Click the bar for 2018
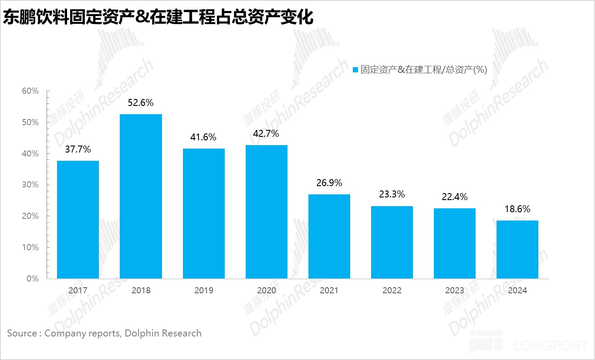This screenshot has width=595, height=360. pyautogui.click(x=141, y=196)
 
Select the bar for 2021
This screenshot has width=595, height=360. pyautogui.click(x=329, y=236)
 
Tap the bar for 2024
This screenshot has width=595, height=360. pyautogui.click(x=517, y=249)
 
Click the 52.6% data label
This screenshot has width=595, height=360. pyautogui.click(x=141, y=103)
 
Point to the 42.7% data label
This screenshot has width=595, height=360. pyautogui.click(x=266, y=134)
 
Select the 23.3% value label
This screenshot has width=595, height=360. pyautogui.click(x=392, y=194)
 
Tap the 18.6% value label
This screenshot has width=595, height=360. pyautogui.click(x=517, y=209)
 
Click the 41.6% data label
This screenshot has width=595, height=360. pyautogui.click(x=203, y=137)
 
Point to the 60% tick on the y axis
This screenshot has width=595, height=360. pyautogui.click(x=30, y=91)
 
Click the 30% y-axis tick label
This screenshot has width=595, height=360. pyautogui.click(x=30, y=185)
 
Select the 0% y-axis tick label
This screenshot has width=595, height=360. pyautogui.click(x=32, y=278)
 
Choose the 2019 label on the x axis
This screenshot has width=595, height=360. pyautogui.click(x=203, y=291)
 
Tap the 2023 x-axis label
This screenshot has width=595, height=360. pyautogui.click(x=454, y=291)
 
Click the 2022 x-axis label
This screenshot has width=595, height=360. pyautogui.click(x=392, y=291)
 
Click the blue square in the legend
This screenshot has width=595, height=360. pyautogui.click(x=355, y=70)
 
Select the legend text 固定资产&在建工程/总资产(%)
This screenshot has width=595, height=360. pyautogui.click(x=423, y=70)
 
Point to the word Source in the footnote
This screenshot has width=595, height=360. pyautogui.click(x=22, y=333)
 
